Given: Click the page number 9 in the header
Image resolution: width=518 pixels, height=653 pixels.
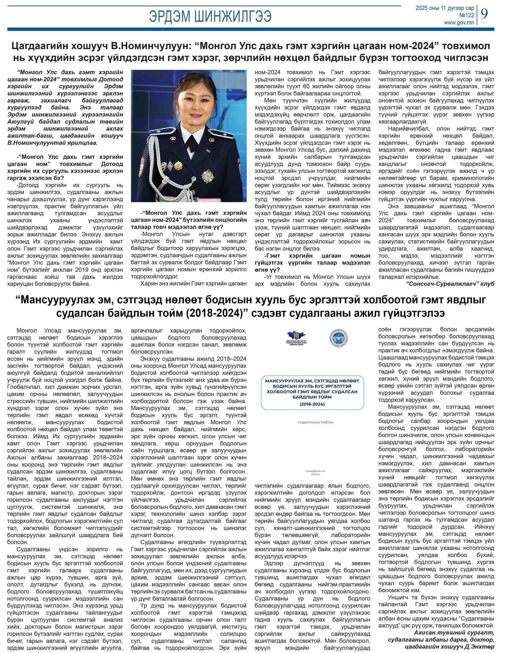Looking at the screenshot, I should tap(484, 14).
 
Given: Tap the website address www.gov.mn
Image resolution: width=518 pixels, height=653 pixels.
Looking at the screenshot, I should tap(459, 22).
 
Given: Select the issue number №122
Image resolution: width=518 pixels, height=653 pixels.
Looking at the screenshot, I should tap(466, 15).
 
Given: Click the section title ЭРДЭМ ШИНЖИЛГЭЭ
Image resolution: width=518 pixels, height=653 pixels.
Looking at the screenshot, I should tap(210, 16).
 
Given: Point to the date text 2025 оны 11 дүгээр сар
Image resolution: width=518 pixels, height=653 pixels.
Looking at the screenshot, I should tap(444, 8).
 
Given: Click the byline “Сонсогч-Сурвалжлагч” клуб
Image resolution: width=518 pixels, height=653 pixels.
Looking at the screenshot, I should tap(450, 284).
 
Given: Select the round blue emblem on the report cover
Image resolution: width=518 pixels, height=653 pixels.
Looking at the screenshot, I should tap(338, 338).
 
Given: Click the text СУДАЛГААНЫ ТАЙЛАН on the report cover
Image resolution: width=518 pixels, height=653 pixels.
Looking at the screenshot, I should tap(315, 422).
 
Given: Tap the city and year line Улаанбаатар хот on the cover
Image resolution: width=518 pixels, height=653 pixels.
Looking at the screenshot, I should tap(315, 471).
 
